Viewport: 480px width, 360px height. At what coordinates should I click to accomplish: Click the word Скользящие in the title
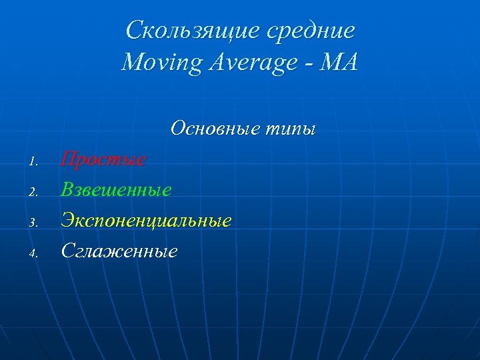(180, 31)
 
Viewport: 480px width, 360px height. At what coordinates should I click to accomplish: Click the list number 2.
(36, 192)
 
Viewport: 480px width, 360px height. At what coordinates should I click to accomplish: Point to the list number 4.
(36, 252)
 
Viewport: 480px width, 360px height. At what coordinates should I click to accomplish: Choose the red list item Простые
(103, 160)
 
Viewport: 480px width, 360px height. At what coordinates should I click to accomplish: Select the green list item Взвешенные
(116, 190)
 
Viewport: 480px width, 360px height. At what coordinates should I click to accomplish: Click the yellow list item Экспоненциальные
(146, 220)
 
